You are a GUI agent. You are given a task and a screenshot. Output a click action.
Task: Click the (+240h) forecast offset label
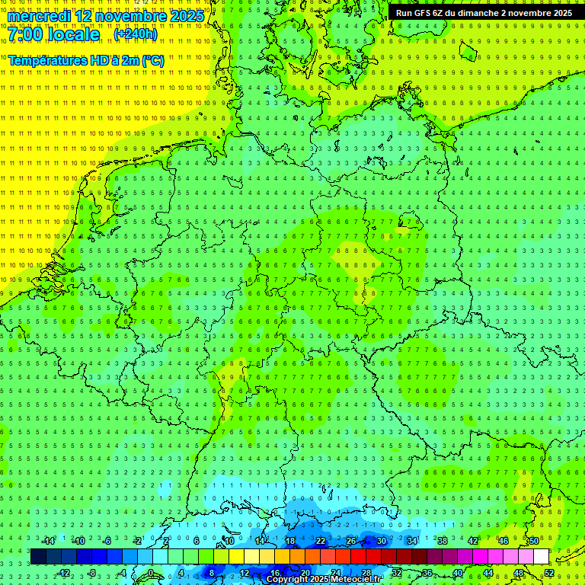tap(136, 34)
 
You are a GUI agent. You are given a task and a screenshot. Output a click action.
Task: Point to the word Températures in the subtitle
tap(46, 59)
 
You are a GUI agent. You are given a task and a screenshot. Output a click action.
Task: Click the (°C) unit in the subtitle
tap(152, 59)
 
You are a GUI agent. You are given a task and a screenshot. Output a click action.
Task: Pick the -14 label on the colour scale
tap(48, 541)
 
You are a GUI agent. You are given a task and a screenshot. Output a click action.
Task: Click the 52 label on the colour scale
tap(549, 573)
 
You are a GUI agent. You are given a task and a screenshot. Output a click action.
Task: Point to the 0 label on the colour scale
tap(150, 573)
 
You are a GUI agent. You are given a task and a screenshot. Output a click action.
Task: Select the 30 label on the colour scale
tap(381, 541)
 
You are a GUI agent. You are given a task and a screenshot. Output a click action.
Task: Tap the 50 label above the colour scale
tap(533, 541)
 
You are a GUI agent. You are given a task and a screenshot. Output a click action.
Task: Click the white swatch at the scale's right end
tap(541, 556)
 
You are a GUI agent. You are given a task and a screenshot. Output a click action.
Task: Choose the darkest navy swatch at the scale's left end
tap(38, 556)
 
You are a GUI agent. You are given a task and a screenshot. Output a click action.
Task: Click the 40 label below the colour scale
tap(457, 573)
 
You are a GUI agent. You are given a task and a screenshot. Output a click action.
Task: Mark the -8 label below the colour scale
tap(91, 573)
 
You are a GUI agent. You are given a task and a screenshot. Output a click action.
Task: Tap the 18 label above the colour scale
tap(289, 541)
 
